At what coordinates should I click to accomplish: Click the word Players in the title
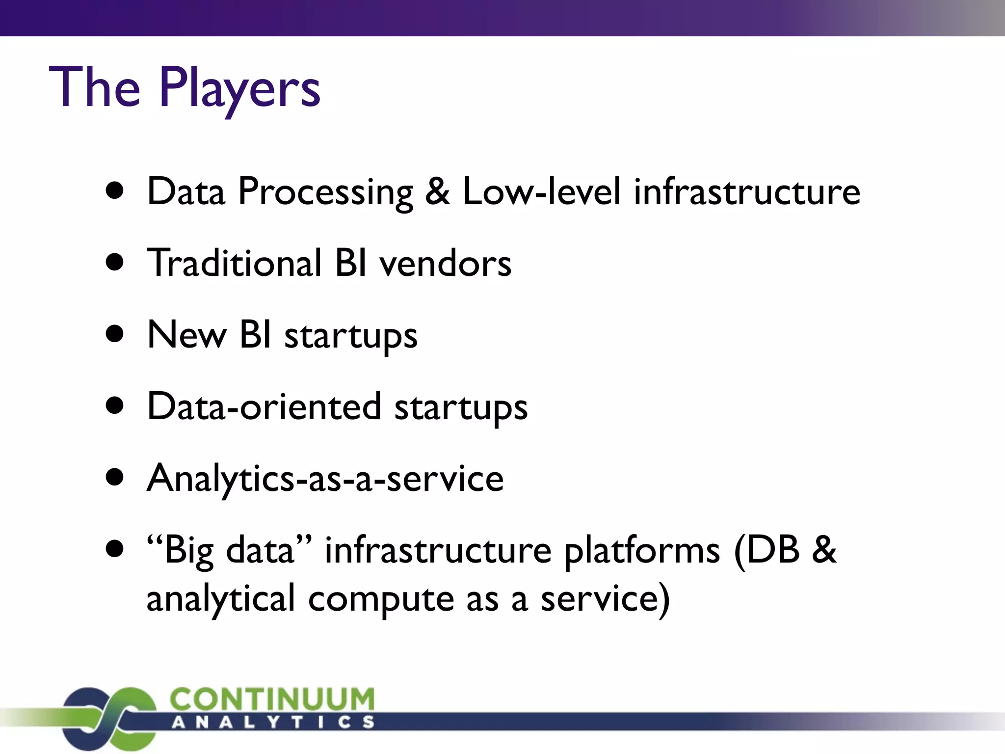[x=239, y=88]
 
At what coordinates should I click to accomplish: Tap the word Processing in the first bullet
[x=325, y=192]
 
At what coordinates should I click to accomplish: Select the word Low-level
[x=542, y=191]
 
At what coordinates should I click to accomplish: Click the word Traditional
[x=235, y=264]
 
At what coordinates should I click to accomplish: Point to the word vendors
[x=445, y=264]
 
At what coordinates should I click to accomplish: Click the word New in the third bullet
[x=187, y=335]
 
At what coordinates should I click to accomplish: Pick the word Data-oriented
[x=264, y=407]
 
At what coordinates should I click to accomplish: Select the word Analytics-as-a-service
[x=325, y=479]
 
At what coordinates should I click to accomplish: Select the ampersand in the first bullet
[x=437, y=191]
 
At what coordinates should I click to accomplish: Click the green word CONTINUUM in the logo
[x=272, y=699]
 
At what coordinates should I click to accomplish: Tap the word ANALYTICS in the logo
[x=273, y=722]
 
